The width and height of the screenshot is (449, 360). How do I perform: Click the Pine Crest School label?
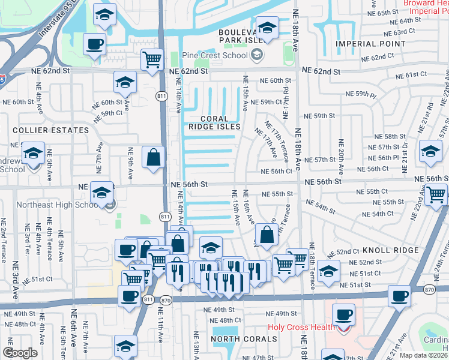tap(214, 56)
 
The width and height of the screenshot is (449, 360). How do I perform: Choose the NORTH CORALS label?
tap(243, 339)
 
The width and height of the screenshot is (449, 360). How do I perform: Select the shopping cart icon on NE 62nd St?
tap(152, 59)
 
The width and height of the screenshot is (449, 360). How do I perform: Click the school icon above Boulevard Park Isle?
tap(267, 26)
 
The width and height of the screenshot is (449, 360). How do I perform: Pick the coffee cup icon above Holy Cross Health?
tap(343, 313)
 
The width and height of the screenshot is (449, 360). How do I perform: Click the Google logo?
tap(20, 353)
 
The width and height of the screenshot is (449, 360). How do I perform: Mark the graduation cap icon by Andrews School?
tap(33, 152)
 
